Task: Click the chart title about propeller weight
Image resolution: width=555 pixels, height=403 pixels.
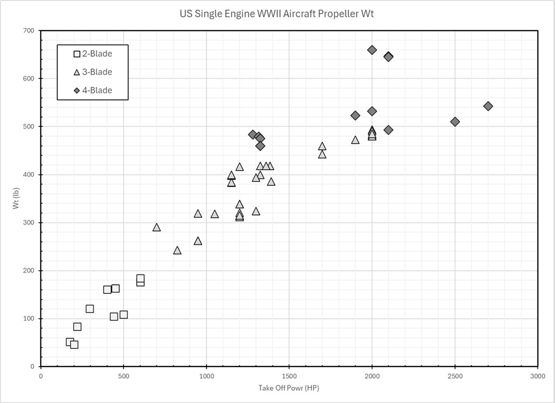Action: pyautogui.click(x=277, y=13)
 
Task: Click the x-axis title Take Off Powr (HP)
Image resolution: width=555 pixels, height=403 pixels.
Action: pyautogui.click(x=288, y=387)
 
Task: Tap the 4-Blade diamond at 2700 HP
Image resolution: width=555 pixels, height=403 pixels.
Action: pyautogui.click(x=488, y=106)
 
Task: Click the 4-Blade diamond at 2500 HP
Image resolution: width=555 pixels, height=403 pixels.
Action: pyautogui.click(x=455, y=122)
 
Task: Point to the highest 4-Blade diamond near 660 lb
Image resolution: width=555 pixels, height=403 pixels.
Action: pyautogui.click(x=372, y=50)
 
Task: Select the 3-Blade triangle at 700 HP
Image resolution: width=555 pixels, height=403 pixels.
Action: pyautogui.click(x=157, y=227)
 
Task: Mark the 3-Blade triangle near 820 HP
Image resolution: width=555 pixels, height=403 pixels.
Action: pyautogui.click(x=177, y=251)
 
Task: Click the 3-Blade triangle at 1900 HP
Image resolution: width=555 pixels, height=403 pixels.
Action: pyautogui.click(x=355, y=140)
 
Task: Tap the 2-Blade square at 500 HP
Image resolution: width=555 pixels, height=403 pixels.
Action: pyautogui.click(x=124, y=315)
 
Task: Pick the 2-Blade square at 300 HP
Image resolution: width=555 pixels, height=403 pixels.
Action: pyautogui.click(x=90, y=308)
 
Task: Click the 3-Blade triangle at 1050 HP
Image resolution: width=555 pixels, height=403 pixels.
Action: pyautogui.click(x=214, y=214)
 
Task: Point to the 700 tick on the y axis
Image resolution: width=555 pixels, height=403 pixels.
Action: pyautogui.click(x=29, y=30)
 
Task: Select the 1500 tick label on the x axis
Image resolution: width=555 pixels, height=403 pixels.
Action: pyautogui.click(x=289, y=376)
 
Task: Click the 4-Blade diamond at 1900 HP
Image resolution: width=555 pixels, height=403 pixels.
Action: pyautogui.click(x=355, y=116)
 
